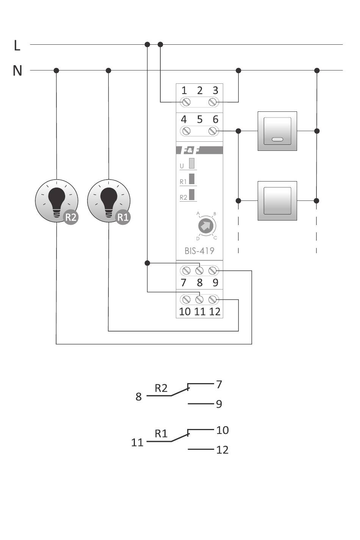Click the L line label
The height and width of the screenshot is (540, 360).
[17, 45]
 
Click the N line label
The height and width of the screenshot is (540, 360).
[17, 70]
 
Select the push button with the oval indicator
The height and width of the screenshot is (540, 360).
[277, 131]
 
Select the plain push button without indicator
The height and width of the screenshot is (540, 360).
[277, 200]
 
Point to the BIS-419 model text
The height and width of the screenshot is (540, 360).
[199, 250]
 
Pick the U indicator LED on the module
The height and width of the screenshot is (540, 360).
[192, 163]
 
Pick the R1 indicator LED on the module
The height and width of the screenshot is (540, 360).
[192, 179]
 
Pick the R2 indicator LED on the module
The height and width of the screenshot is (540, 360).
[192, 194]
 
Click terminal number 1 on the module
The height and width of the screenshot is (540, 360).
[184, 91]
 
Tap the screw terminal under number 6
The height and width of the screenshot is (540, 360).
[213, 131]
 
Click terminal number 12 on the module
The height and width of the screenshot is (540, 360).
[215, 311]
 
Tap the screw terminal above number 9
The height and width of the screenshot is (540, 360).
[213, 271]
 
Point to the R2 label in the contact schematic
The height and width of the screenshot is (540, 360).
[161, 388]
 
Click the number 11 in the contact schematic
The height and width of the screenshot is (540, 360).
[137, 442]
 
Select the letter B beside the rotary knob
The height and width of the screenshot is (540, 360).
[214, 214]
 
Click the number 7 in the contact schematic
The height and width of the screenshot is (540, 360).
[219, 384]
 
